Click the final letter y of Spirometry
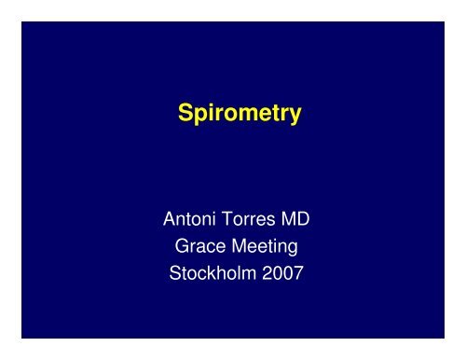295,118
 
